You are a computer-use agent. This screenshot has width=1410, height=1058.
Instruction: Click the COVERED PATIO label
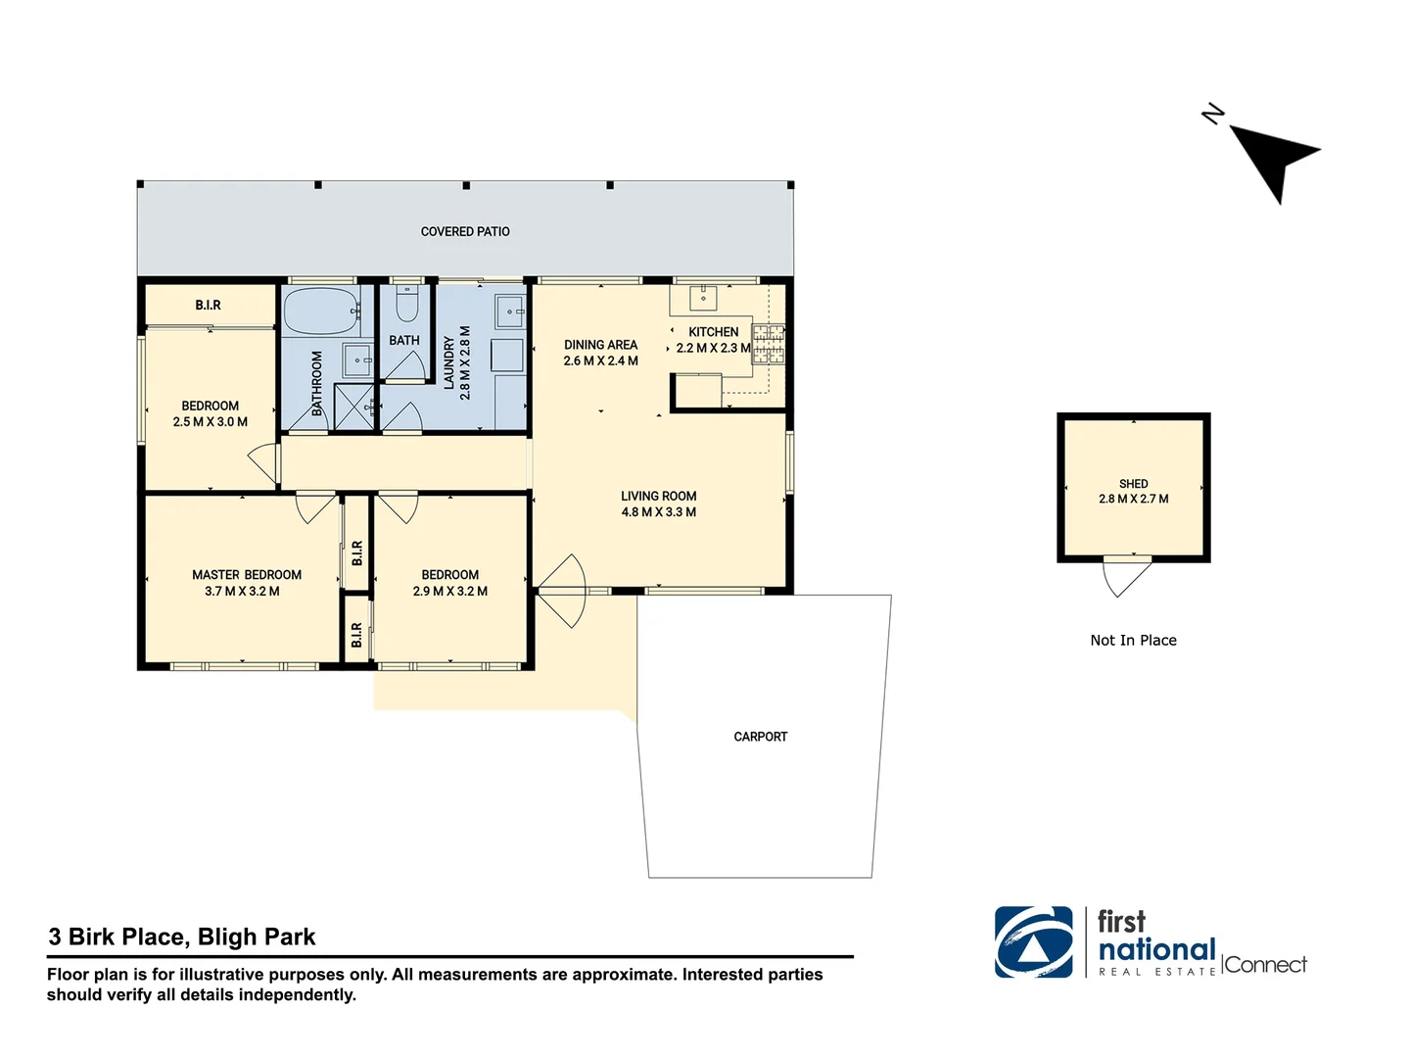coord(465,232)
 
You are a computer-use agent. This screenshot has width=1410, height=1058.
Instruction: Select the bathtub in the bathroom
coord(320,312)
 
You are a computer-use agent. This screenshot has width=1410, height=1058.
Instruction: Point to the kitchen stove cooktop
coord(768,345)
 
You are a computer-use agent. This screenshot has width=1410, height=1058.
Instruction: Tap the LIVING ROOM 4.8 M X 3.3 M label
coord(658,505)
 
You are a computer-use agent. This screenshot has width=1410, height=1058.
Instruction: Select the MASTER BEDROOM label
coord(247,575)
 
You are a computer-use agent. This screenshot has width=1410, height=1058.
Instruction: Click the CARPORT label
coord(760,737)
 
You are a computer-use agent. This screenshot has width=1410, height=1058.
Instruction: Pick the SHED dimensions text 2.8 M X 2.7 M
coord(1133,500)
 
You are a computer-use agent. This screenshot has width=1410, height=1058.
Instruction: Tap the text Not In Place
coord(1133,641)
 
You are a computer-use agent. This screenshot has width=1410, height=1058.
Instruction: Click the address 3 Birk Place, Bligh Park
coord(182,938)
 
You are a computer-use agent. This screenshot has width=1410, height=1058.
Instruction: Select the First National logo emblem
coord(1033,942)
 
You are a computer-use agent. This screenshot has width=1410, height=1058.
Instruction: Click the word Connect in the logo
coord(1265,965)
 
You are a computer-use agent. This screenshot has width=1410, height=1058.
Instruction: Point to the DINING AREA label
coord(600,345)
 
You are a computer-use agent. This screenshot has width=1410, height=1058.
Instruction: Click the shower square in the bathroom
coord(353,407)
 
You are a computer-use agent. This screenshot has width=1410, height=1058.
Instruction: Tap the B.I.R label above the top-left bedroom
coord(208,306)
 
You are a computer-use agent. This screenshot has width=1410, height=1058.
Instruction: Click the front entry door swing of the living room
coord(562,591)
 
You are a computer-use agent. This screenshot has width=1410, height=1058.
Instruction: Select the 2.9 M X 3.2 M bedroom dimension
coord(449,592)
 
